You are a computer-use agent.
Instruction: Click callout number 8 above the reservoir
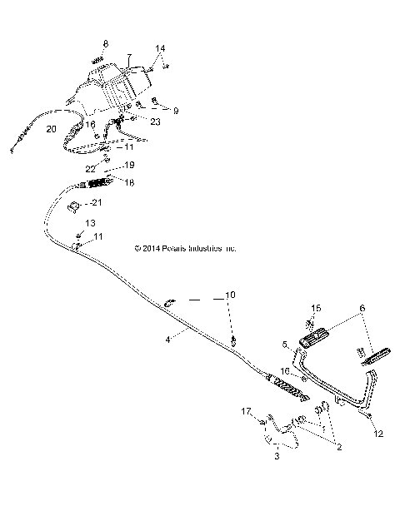(106, 42)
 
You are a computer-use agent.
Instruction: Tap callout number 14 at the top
(160, 49)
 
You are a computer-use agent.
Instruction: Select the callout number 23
(156, 122)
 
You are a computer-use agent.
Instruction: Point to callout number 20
(52, 129)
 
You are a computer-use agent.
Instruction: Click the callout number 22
(89, 168)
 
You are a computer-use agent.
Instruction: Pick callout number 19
(129, 166)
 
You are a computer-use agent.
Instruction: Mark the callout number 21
(120, 202)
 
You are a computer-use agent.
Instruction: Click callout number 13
(91, 223)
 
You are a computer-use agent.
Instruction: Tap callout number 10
(230, 295)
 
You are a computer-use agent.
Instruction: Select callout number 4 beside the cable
(167, 339)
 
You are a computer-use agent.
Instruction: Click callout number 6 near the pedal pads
(361, 308)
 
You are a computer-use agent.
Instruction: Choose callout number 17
(246, 411)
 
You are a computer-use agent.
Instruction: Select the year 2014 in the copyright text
(152, 248)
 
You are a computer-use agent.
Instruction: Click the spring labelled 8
(98, 60)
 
